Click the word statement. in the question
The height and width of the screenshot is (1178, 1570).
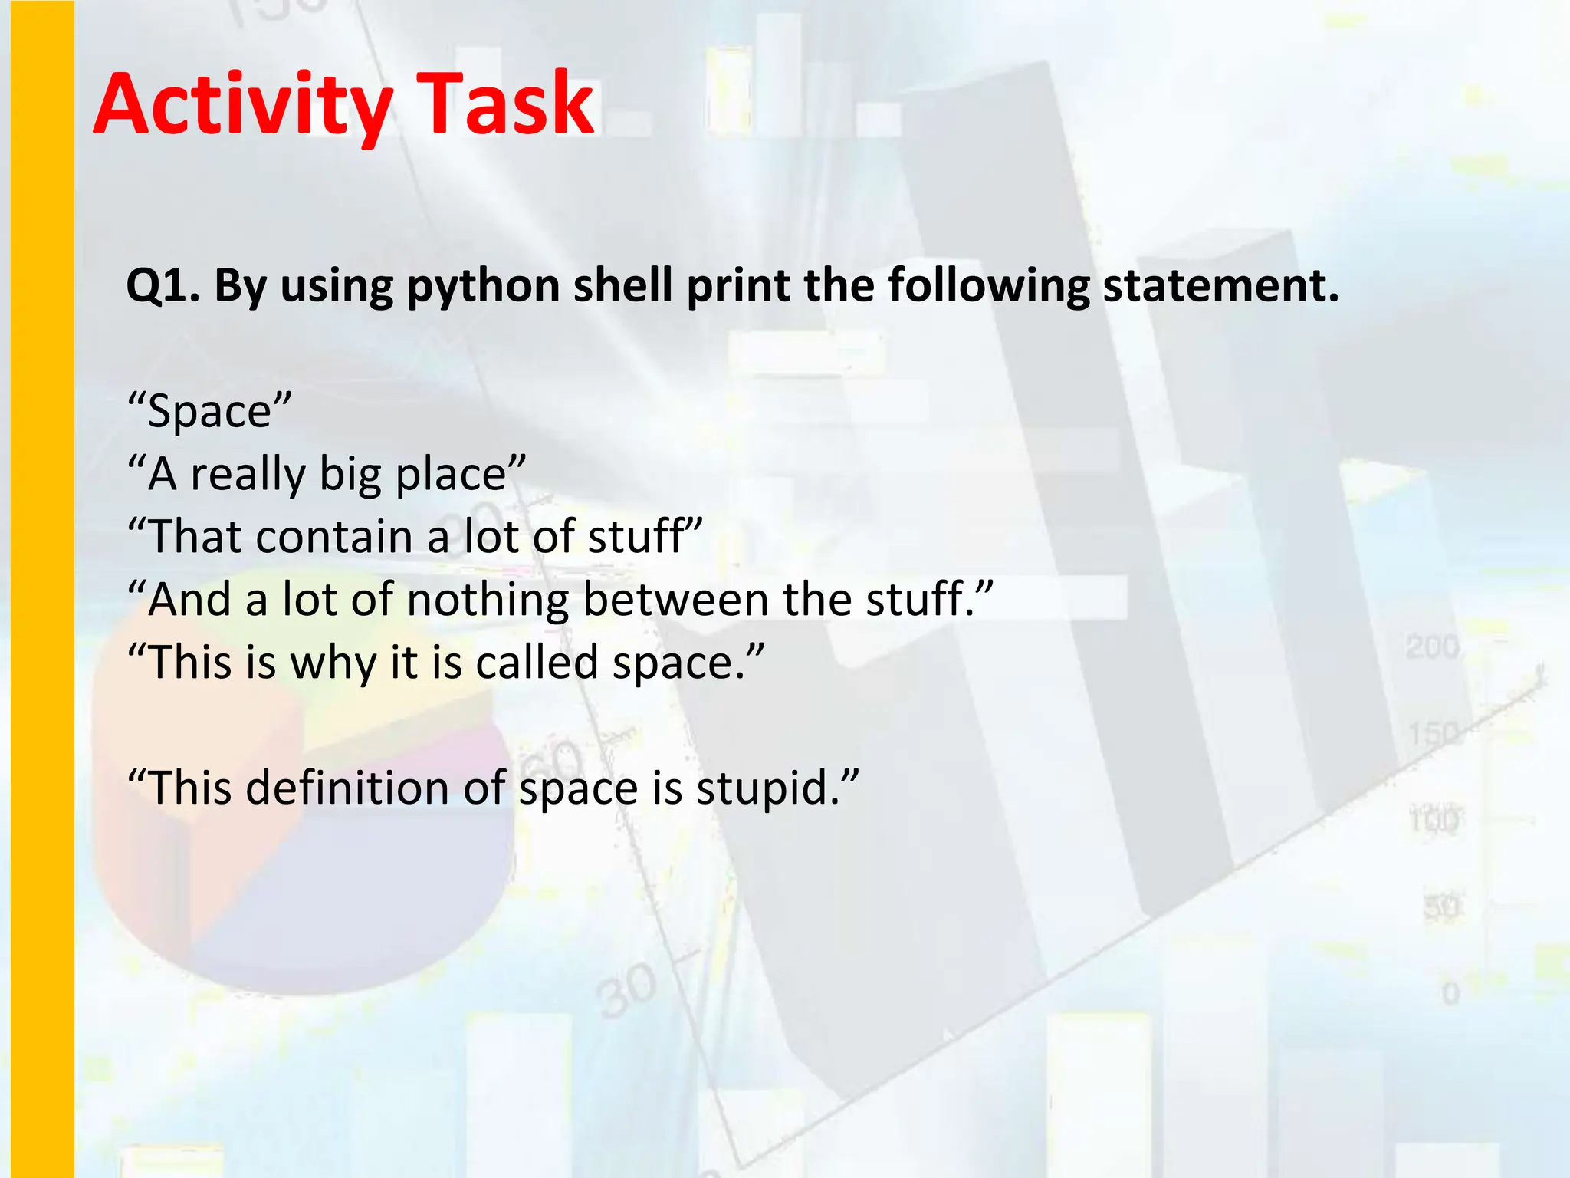(1220, 285)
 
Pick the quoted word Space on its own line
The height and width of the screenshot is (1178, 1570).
(209, 412)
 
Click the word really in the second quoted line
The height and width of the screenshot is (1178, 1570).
(248, 475)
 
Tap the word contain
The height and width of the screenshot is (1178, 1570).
(334, 536)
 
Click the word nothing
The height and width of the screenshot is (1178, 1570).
(488, 600)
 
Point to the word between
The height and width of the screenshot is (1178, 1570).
(675, 599)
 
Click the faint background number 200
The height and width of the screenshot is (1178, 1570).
(1432, 647)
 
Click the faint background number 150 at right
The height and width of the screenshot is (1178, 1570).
(1432, 734)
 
